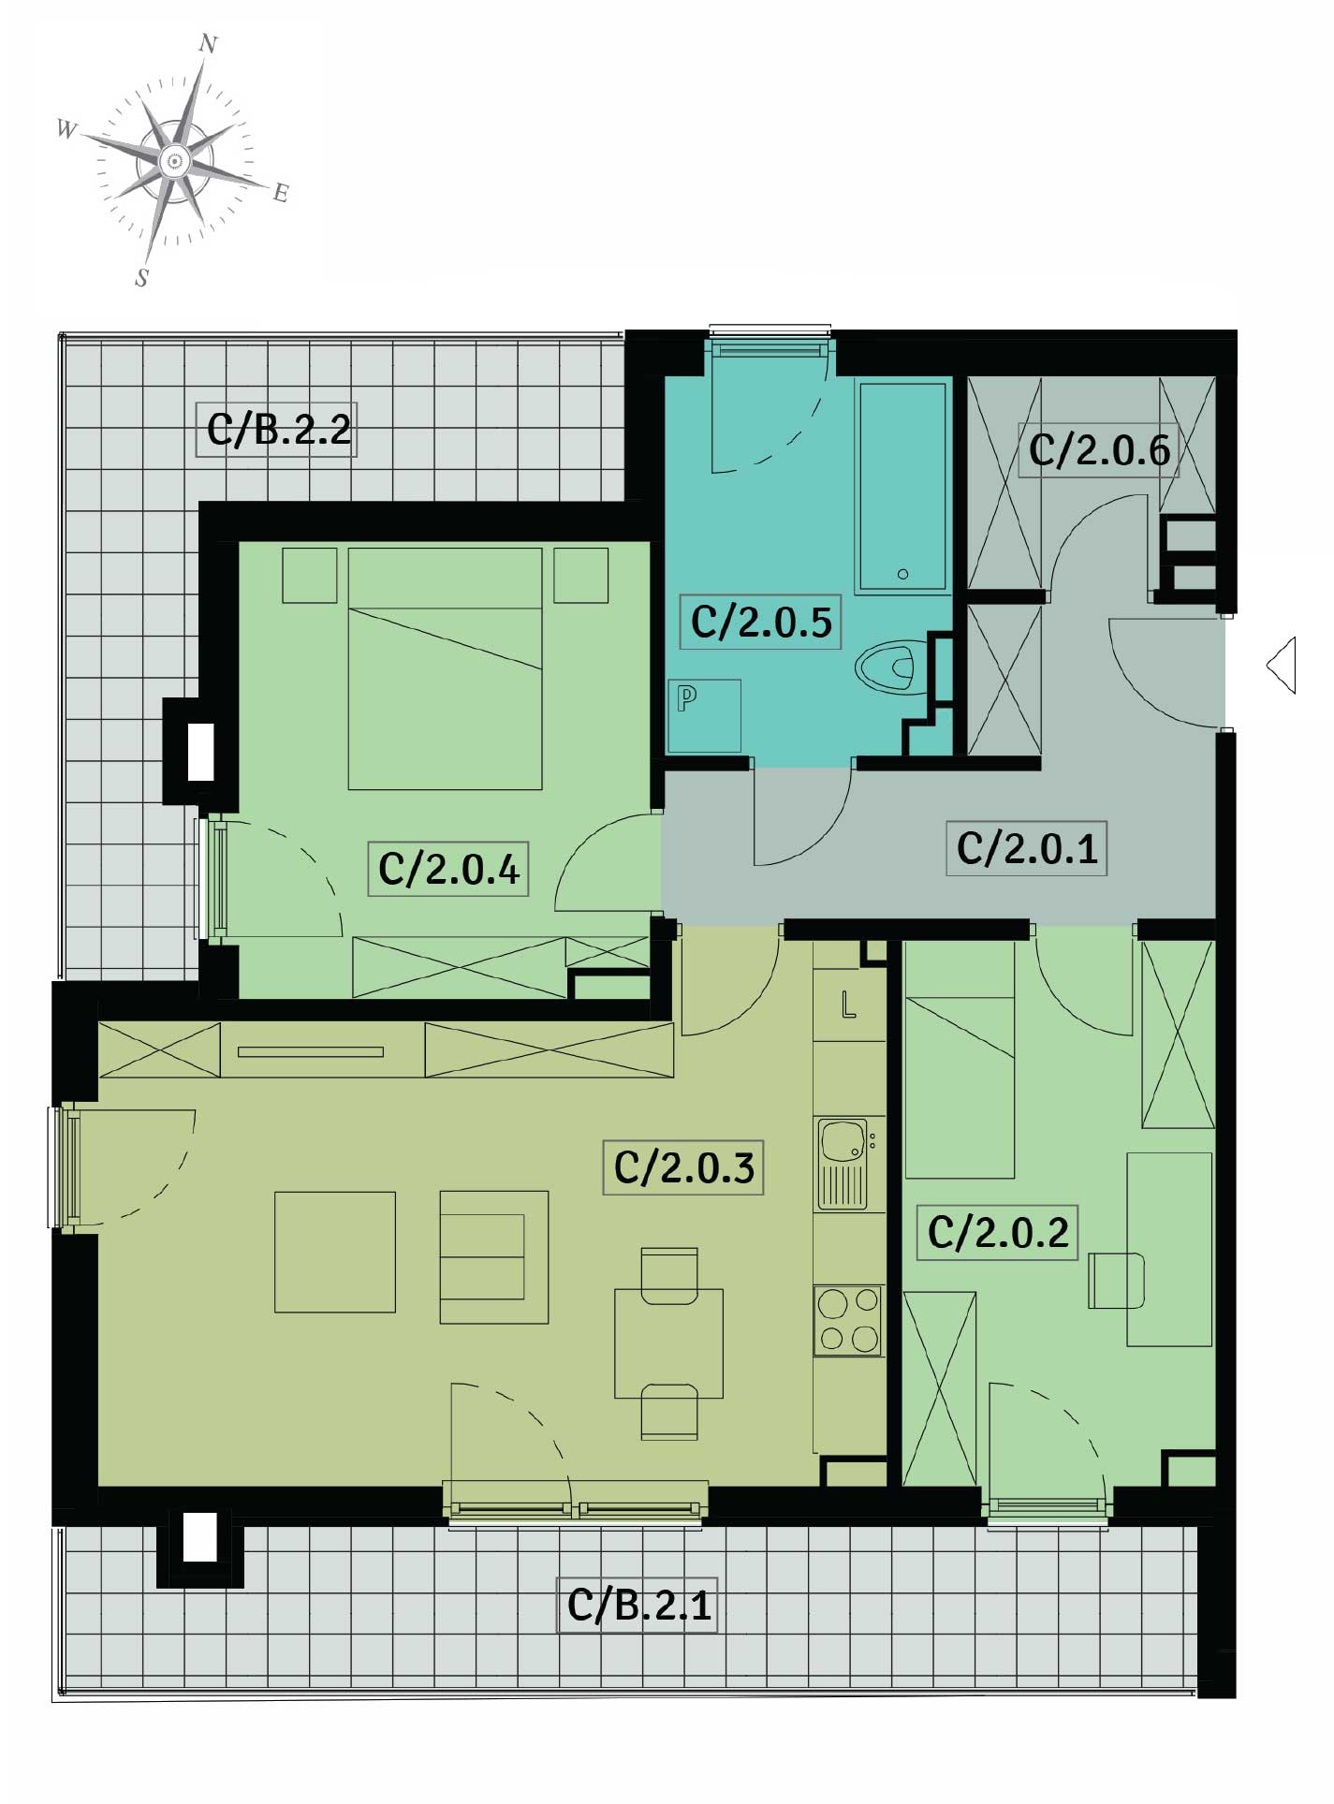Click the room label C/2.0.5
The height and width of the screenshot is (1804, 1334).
[761, 622]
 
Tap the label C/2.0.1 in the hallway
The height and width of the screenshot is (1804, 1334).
[1027, 848]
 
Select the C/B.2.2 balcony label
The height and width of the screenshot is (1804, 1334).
[278, 430]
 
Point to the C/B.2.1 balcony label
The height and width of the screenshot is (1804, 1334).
[638, 1606]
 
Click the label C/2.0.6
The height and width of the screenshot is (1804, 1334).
[1099, 450]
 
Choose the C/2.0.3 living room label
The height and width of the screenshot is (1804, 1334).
[684, 1167]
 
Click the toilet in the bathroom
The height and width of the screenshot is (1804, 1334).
[886, 667]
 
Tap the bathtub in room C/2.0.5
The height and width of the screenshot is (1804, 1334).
[902, 486]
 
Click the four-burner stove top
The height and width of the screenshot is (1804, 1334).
[849, 1320]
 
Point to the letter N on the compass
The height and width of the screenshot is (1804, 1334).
[209, 44]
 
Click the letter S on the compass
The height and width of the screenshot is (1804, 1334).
[142, 278]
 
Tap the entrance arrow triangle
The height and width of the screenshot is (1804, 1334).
[1282, 666]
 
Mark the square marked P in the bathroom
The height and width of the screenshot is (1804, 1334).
[704, 716]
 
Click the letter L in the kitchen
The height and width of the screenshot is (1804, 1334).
[848, 1005]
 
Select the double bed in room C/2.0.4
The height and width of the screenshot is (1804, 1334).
[445, 668]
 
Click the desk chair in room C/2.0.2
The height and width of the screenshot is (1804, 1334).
[1117, 1280]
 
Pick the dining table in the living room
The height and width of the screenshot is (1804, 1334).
[668, 1343]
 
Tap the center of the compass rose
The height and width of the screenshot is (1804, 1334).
[173, 162]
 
